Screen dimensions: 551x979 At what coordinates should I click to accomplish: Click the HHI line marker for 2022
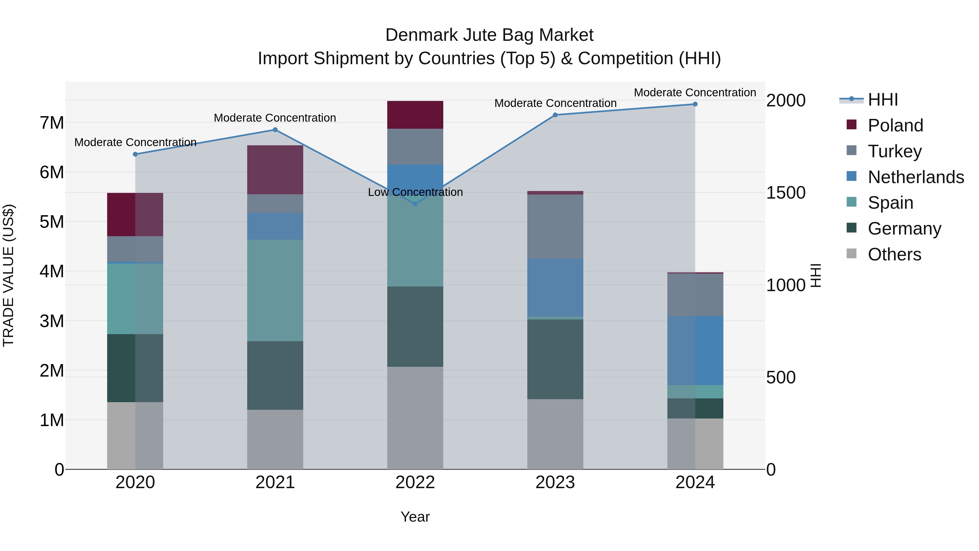tap(415, 204)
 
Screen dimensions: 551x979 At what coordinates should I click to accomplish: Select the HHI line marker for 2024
tap(695, 104)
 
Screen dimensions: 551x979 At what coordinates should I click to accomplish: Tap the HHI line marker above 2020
tap(135, 154)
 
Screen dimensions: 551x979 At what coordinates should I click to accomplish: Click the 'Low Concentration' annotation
tap(415, 192)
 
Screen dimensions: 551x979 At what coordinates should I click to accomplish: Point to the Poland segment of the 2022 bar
tap(415, 115)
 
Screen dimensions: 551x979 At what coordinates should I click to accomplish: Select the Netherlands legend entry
tap(916, 177)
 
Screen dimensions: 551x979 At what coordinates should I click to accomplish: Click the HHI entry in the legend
tap(882, 100)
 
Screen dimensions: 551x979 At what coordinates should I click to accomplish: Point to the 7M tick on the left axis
tap(52, 123)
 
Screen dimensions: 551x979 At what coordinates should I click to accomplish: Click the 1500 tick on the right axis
tap(785, 193)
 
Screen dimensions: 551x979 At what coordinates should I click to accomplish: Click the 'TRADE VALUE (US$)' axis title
tap(8, 275)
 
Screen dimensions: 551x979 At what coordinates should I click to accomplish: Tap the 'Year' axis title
tap(415, 517)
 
